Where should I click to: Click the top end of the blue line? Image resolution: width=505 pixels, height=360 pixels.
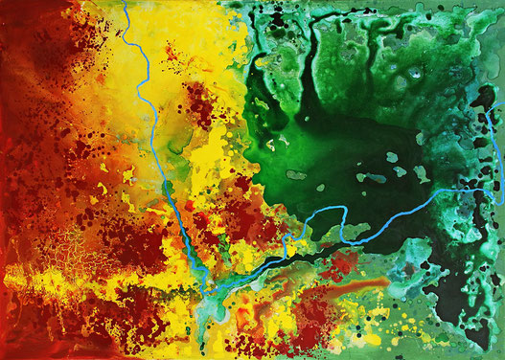tap(125, 3)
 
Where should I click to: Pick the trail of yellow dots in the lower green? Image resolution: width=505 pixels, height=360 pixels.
tap(383, 326)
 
